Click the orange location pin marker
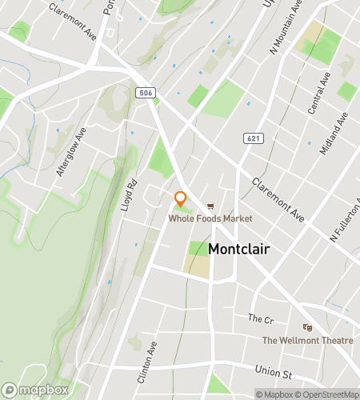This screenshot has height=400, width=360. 181,198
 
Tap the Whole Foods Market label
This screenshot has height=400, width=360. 210,218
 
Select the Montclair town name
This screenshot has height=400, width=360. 238,249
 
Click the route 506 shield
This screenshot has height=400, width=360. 145,92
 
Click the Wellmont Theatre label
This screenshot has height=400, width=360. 308,341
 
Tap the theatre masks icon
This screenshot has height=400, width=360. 307,326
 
